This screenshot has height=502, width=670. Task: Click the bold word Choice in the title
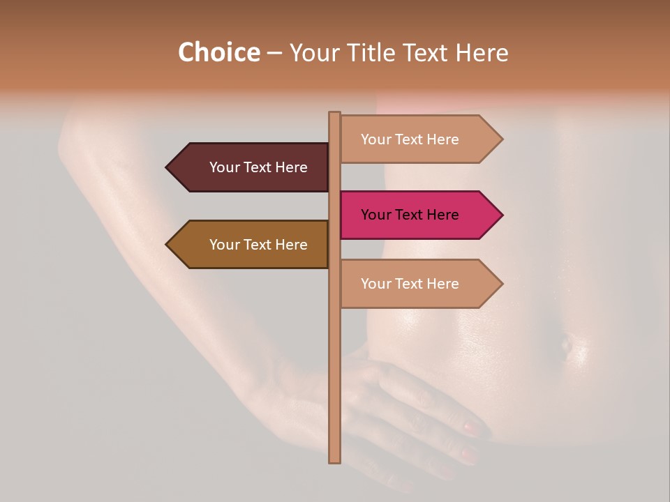point(218,52)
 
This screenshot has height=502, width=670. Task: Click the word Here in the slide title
point(482,52)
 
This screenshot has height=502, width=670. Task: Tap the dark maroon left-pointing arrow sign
point(251,167)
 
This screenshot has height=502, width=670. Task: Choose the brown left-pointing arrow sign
point(251,245)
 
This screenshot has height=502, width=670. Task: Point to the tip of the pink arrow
point(501,215)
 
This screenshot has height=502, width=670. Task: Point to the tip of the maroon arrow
point(167,167)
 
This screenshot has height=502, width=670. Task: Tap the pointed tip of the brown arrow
point(167,245)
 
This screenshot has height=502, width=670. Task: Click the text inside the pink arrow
point(410,215)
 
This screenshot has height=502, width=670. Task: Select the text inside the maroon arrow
point(258,167)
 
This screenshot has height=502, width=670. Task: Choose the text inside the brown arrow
point(258,245)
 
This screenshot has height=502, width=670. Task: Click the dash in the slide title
point(274,53)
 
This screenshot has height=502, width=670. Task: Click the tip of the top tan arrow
point(501,139)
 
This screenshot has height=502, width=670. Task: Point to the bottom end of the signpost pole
point(334,460)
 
